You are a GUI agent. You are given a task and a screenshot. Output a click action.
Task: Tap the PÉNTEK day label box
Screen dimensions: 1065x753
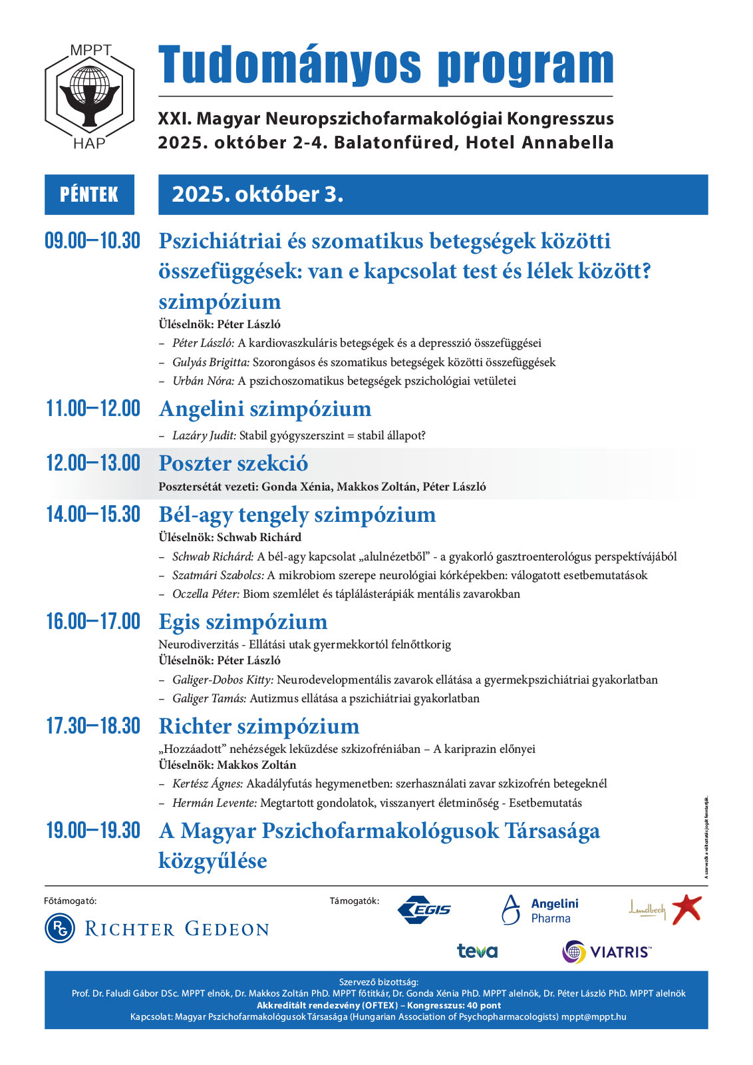click(89, 194)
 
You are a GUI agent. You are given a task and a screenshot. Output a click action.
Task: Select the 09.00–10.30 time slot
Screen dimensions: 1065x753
click(92, 241)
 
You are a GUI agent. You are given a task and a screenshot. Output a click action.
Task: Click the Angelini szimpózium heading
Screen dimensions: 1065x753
click(265, 409)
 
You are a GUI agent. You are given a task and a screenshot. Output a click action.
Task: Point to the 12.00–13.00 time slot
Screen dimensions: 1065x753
click(92, 463)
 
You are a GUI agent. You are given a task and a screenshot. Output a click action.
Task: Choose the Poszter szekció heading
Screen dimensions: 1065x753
click(233, 463)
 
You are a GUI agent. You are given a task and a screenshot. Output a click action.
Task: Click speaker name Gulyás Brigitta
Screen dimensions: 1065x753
click(210, 362)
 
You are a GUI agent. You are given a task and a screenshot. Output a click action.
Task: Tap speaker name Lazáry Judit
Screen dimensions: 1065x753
click(204, 435)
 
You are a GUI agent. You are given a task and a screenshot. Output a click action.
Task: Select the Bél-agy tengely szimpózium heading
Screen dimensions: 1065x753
click(297, 515)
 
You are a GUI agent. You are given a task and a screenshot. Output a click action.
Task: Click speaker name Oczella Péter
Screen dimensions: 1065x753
click(206, 594)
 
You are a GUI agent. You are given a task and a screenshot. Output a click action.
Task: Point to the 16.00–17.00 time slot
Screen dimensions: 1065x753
click(92, 622)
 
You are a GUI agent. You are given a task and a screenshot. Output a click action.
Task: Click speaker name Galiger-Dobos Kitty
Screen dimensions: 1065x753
click(222, 680)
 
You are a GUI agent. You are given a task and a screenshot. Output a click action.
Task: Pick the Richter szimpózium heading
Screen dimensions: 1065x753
click(259, 726)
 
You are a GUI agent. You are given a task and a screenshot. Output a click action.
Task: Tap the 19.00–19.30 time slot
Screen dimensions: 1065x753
click(92, 831)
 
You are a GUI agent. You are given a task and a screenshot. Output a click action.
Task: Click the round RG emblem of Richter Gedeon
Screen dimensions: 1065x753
click(60, 928)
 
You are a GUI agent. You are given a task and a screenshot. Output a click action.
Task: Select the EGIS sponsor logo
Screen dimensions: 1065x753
click(424, 910)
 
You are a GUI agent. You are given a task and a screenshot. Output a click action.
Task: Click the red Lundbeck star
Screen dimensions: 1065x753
click(686, 909)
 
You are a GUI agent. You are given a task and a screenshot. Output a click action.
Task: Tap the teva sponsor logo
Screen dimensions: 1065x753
click(477, 951)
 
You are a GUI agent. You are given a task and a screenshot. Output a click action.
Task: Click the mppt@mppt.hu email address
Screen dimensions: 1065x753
click(593, 1016)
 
